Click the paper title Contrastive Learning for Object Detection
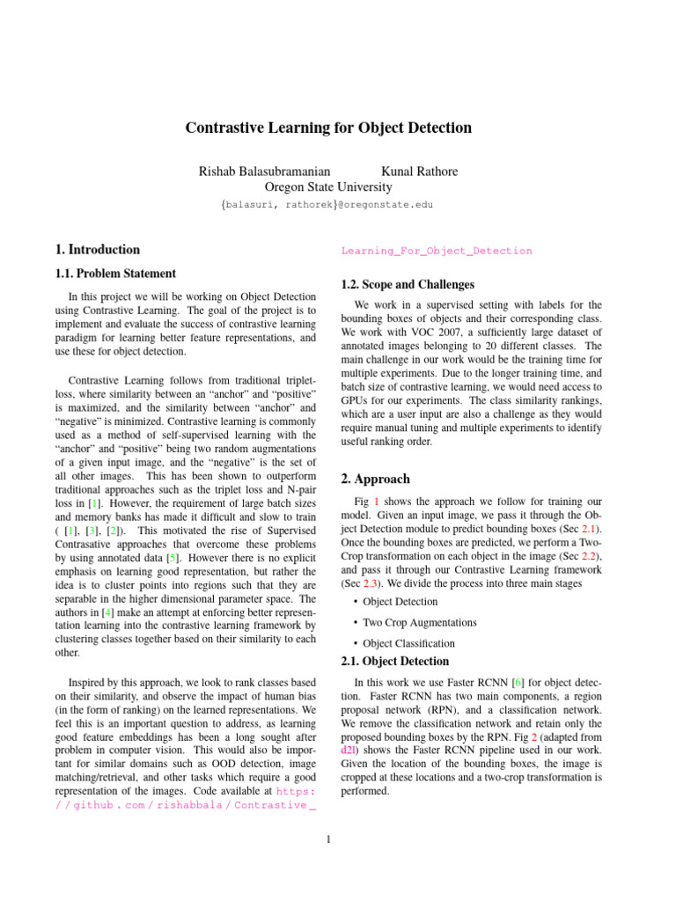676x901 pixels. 328,128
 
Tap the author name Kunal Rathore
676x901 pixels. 419,171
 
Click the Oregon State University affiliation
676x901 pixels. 328,187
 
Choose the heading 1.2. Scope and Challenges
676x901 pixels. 408,284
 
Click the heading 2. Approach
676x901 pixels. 375,480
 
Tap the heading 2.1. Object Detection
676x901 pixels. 394,661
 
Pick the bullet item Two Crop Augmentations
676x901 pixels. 407,622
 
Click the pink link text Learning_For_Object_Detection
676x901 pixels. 437,251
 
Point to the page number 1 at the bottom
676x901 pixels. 327,839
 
